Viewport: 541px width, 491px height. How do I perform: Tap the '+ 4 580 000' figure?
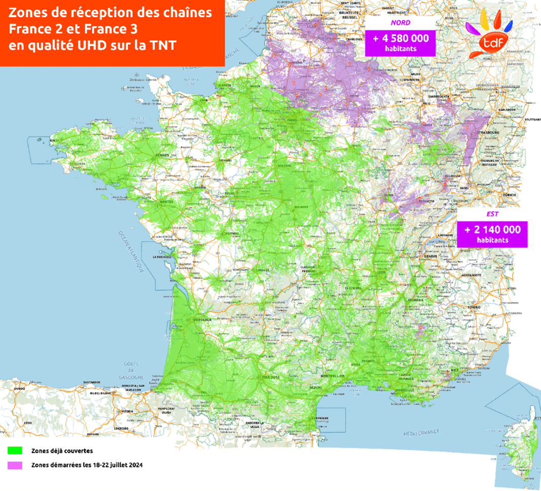[401, 39]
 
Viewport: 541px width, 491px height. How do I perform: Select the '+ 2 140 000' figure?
[492, 230]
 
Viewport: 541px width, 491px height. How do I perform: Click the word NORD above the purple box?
[400, 23]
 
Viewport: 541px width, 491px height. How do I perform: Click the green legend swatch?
[15, 450]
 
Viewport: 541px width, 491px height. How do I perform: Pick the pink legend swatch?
[15, 465]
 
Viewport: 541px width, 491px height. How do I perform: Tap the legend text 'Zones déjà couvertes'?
[62, 450]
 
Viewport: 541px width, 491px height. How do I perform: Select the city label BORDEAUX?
[203, 321]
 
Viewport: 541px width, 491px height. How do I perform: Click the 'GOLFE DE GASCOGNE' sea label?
[134, 370]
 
